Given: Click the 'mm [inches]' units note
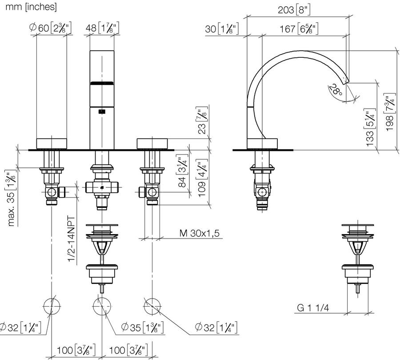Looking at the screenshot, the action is coord(31,7).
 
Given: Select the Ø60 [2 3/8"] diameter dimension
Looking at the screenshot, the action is coord(50,28).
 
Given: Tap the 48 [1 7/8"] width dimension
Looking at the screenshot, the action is coord(102,28).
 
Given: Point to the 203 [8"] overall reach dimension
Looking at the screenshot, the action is coord(294,10).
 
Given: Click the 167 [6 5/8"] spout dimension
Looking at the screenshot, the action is coord(299,28).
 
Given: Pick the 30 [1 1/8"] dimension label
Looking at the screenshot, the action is coord(222,28).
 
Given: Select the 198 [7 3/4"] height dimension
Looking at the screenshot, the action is coord(391,113).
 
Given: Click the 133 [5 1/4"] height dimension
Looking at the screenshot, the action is coord(371,127).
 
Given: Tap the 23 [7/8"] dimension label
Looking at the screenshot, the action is coord(202,120).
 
